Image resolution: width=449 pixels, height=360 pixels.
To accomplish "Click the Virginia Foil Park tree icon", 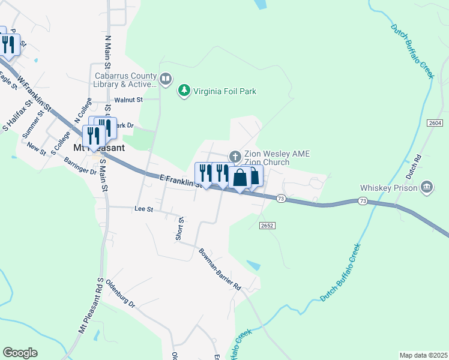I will point(184,91).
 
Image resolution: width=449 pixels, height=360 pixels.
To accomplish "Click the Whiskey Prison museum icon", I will point(427,187).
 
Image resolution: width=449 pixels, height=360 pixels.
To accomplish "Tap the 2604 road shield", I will point(435,122).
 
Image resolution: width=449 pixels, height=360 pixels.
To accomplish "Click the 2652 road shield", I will point(267,226).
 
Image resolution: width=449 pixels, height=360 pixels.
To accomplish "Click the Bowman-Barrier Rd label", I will point(220,269).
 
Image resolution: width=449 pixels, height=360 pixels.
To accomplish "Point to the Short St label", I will point(179,229).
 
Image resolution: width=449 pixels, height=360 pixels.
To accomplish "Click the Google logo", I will point(20,353).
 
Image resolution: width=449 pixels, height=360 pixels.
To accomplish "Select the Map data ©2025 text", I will point(423,355).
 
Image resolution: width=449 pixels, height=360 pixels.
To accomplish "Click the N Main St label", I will point(108,54).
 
